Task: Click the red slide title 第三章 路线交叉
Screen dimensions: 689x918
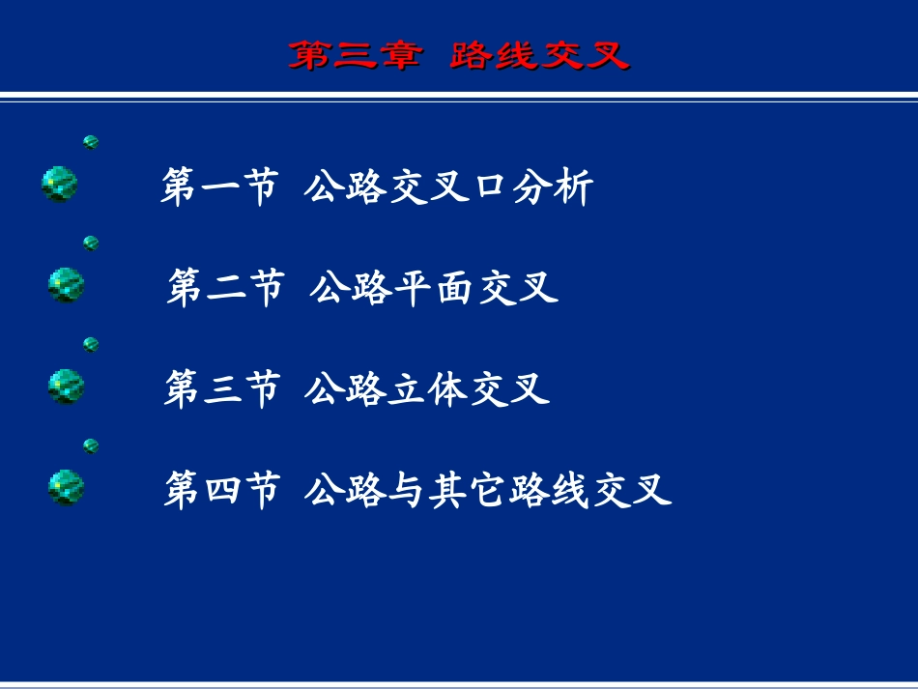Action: point(459,56)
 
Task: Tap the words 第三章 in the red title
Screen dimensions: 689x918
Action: point(355,56)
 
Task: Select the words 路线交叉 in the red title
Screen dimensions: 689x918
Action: point(539,56)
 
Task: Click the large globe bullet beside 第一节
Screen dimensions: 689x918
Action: point(60,184)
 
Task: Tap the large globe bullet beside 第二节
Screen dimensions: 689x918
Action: point(66,285)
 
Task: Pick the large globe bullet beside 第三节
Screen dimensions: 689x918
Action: point(66,387)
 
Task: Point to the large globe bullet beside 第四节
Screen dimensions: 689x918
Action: point(66,487)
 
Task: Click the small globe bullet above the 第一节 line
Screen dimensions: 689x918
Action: point(91,142)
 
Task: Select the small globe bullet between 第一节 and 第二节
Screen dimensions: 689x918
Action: point(91,243)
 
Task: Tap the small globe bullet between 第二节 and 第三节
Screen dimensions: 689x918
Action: point(91,344)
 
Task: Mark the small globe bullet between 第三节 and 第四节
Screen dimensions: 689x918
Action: point(91,445)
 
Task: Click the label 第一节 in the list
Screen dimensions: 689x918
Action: point(219,187)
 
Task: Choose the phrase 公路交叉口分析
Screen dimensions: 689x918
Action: point(447,187)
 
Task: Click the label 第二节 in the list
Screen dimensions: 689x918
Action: point(225,288)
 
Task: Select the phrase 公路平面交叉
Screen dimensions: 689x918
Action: point(434,288)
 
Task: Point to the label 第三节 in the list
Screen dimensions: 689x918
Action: point(221,389)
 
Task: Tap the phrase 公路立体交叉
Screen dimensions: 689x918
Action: point(426,389)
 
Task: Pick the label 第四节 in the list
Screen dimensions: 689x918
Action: point(221,490)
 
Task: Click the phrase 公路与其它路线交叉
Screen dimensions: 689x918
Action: point(487,490)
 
